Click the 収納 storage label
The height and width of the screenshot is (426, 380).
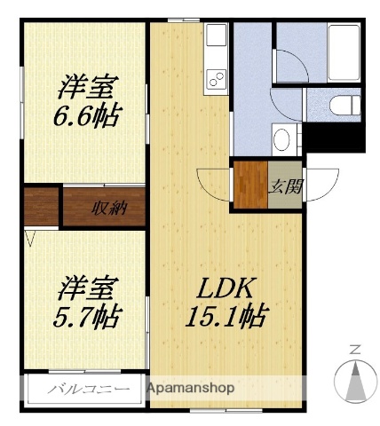(107, 209)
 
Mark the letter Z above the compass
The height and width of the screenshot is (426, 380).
(354, 349)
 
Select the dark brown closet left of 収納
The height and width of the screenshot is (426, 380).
(41, 207)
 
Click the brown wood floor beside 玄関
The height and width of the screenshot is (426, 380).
(248, 185)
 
